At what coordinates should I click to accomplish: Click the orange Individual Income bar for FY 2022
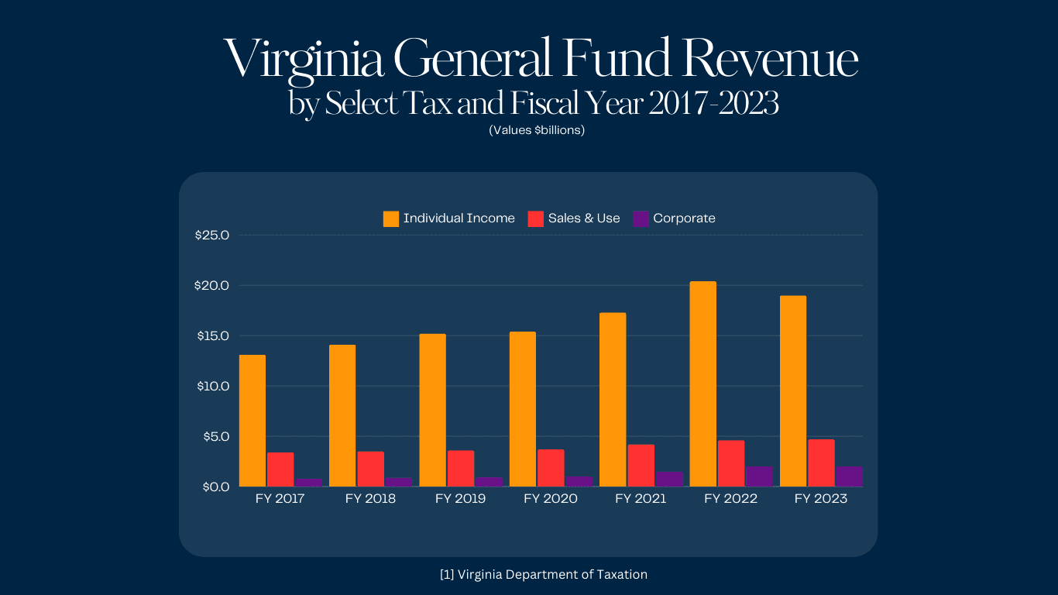pyautogui.click(x=702, y=384)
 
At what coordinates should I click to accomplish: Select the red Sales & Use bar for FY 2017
pyautogui.click(x=280, y=469)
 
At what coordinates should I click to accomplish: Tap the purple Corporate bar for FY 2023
pyautogui.click(x=849, y=476)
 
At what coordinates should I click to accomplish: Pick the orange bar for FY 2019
pyautogui.click(x=432, y=411)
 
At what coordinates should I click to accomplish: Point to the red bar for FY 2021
pyautogui.click(x=641, y=466)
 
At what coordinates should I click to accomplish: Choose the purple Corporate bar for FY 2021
pyautogui.click(x=669, y=480)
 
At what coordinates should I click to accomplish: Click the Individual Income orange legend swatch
pyautogui.click(x=391, y=218)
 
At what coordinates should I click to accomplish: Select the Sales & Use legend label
pyautogui.click(x=584, y=218)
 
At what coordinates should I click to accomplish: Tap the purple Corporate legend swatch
pyautogui.click(x=641, y=218)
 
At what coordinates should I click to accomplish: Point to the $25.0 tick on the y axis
pyautogui.click(x=213, y=235)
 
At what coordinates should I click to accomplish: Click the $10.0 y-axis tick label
pyautogui.click(x=213, y=386)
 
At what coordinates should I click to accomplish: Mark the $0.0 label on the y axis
pyautogui.click(x=215, y=487)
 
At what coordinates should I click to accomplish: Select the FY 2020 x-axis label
pyautogui.click(x=551, y=499)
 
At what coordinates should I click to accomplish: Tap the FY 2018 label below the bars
pyautogui.click(x=370, y=499)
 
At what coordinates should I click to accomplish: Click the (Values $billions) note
pyautogui.click(x=537, y=130)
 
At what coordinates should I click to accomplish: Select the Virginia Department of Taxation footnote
pyautogui.click(x=543, y=574)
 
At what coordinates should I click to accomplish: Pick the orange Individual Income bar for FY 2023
pyautogui.click(x=793, y=391)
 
